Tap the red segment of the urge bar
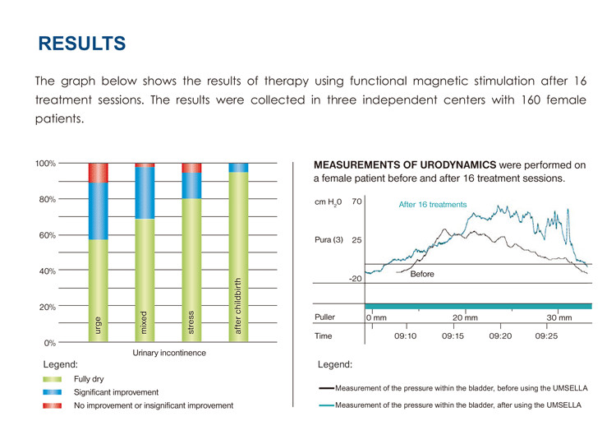(98, 173)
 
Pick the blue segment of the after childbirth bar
(237, 168)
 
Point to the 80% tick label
(45, 199)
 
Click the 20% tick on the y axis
(45, 307)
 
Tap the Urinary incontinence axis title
(169, 353)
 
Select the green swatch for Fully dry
(53, 379)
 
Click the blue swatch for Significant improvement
(53, 392)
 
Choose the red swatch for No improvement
(53, 405)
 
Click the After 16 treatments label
(432, 205)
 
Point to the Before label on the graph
(422, 274)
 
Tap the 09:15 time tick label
(453, 336)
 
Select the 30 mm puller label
(559, 317)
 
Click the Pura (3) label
(329, 240)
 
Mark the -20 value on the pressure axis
(355, 279)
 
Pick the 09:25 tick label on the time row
(546, 336)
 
